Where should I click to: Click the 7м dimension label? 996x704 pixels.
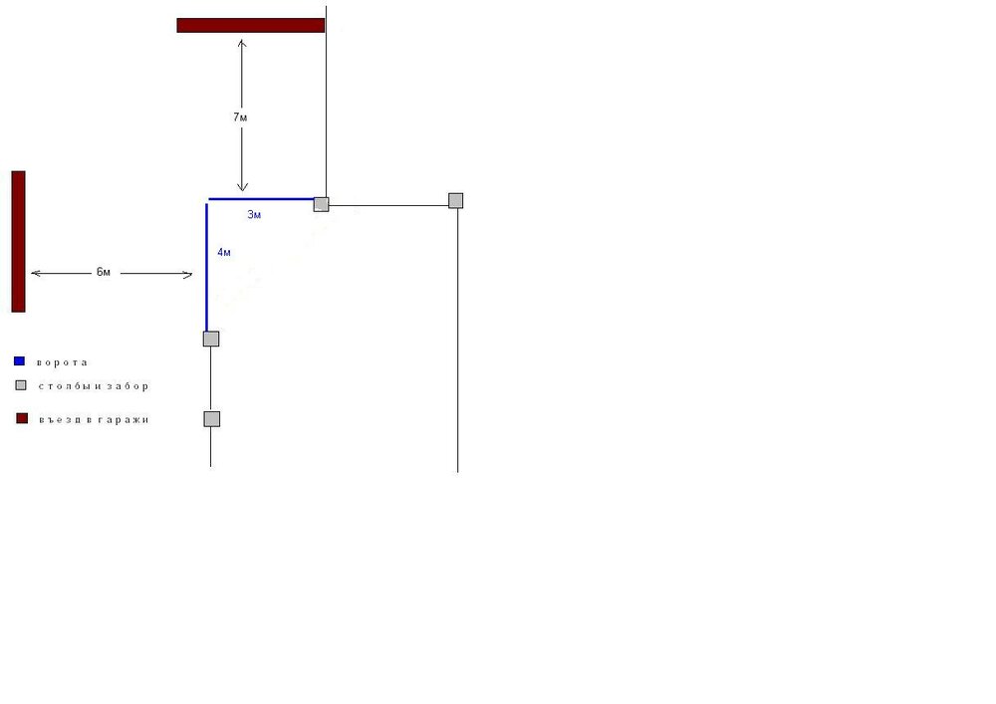point(240,117)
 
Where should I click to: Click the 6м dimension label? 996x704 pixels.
point(104,272)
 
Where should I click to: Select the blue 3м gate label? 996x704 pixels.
point(254,214)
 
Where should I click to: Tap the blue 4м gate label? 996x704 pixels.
point(224,252)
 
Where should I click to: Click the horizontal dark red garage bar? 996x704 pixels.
point(251,26)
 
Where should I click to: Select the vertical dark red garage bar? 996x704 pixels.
point(18,241)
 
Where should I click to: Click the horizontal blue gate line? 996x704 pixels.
point(262,199)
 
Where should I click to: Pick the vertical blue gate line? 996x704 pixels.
point(207,267)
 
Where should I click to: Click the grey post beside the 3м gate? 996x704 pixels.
point(322,204)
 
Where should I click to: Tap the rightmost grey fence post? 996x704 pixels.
point(456,200)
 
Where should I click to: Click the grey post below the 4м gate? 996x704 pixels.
point(211,339)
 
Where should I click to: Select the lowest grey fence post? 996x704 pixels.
point(211,419)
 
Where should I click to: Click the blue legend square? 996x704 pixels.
point(19,361)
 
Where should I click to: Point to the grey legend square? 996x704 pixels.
point(21,385)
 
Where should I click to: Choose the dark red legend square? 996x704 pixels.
point(22,418)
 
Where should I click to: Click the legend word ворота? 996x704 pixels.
point(62,362)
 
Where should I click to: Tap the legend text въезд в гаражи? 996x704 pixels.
point(94,419)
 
